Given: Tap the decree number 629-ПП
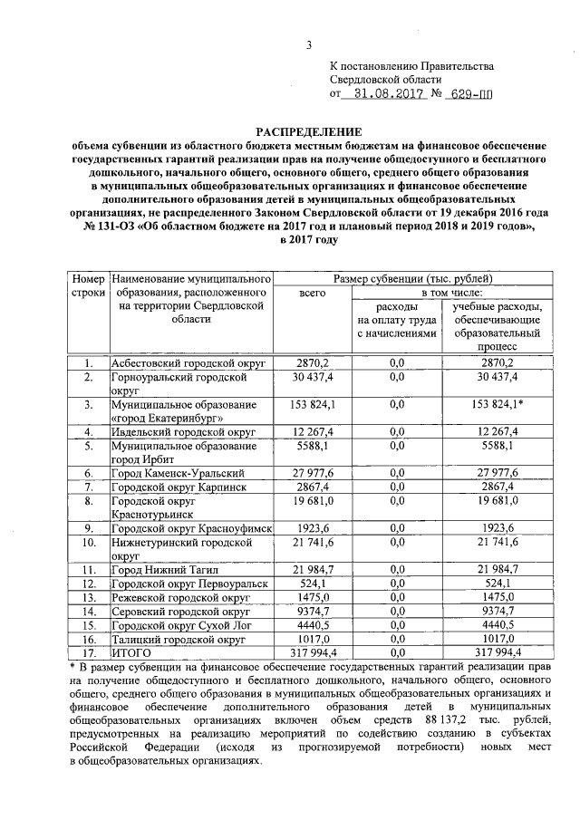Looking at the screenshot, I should coord(476,93).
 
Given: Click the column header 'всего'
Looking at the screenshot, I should coord(312,294).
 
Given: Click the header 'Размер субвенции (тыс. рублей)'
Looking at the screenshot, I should coord(418,278).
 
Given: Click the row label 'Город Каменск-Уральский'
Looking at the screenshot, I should coord(178,473).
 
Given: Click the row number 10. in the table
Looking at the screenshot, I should coord(89,542).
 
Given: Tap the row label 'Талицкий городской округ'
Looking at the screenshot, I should coord(178,637).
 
